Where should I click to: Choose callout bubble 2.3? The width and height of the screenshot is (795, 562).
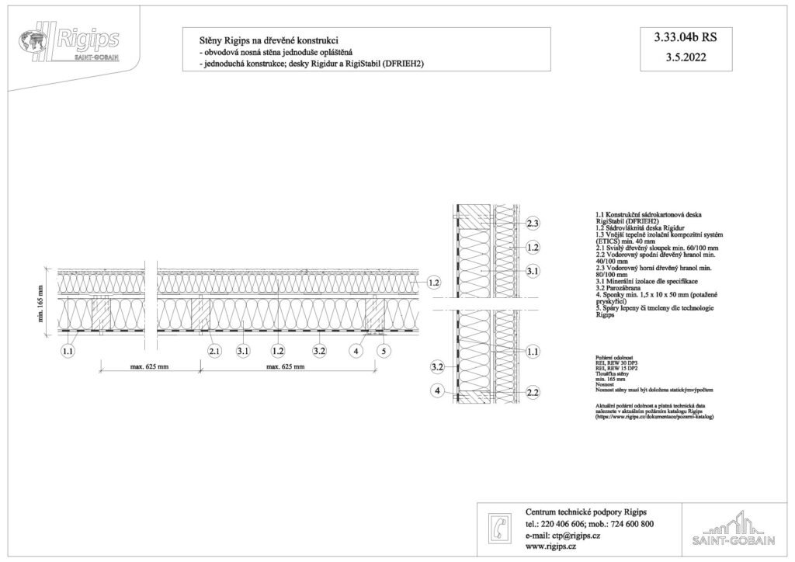533,224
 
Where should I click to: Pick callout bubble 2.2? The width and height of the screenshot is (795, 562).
533,392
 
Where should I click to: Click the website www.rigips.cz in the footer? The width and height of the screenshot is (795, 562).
550,546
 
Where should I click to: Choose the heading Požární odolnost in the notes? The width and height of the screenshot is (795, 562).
613,357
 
